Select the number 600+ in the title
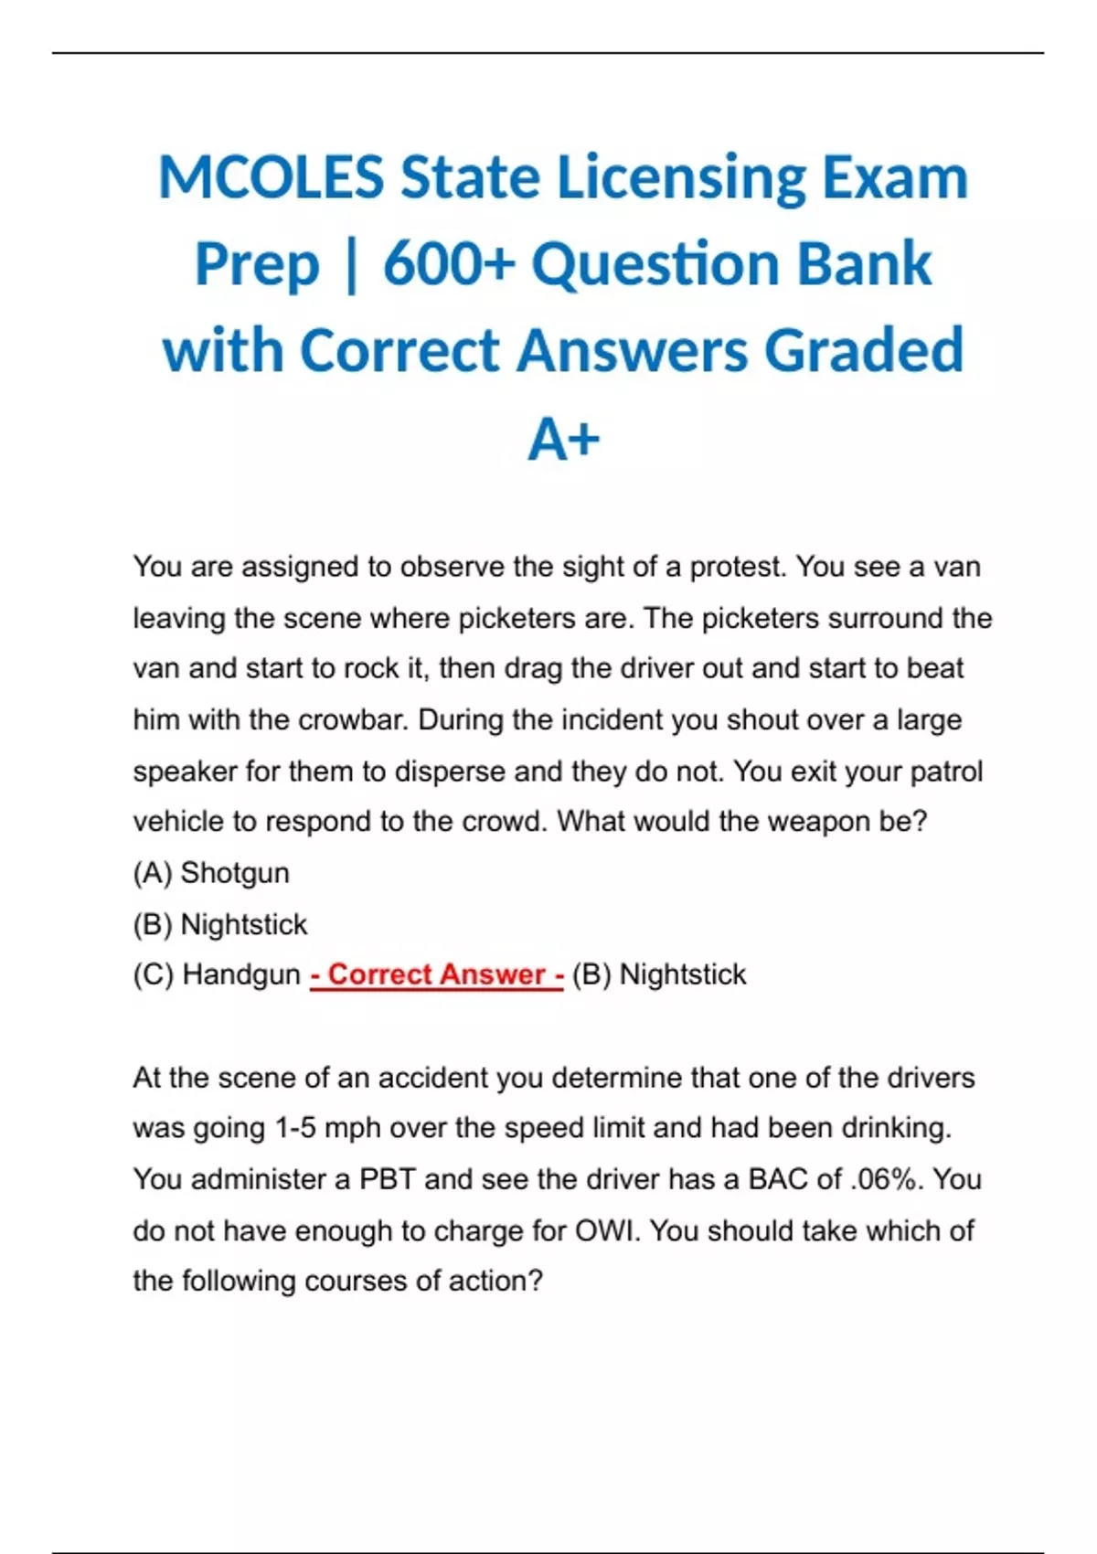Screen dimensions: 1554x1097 449,264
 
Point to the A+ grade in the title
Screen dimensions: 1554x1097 563,440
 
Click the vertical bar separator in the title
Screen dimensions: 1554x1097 351,265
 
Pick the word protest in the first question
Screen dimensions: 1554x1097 737,568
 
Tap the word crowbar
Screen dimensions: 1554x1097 350,720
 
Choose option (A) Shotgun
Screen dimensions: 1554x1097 211,873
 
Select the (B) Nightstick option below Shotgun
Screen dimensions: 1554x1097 220,924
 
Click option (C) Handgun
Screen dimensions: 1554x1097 217,974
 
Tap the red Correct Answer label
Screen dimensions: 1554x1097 436,974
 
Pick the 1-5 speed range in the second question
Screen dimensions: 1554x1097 295,1128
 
